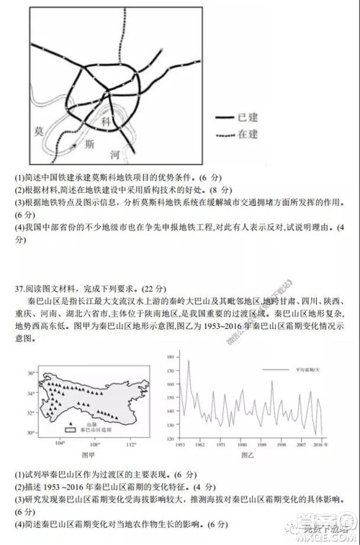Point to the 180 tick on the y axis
coord(171,356)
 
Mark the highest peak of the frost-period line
coord(189,361)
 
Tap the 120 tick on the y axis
coord(171,438)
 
